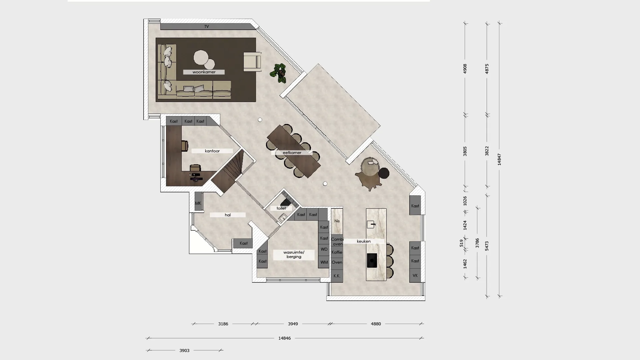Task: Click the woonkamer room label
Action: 204,72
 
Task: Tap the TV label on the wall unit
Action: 207,27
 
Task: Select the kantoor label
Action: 212,151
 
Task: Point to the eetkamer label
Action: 292,153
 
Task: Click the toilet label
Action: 281,208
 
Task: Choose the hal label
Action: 228,215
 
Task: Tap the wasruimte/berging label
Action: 294,255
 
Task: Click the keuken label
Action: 364,241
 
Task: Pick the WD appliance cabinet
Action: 324,249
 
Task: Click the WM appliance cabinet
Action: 324,262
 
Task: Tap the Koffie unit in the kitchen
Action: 337,252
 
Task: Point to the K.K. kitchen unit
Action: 337,276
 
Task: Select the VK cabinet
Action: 415,275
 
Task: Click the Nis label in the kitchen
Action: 337,221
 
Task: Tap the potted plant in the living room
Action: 280,73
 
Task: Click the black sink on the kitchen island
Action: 372,260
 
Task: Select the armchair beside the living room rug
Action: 252,62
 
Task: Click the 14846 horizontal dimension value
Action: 285,338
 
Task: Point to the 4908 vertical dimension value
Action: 465,69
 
